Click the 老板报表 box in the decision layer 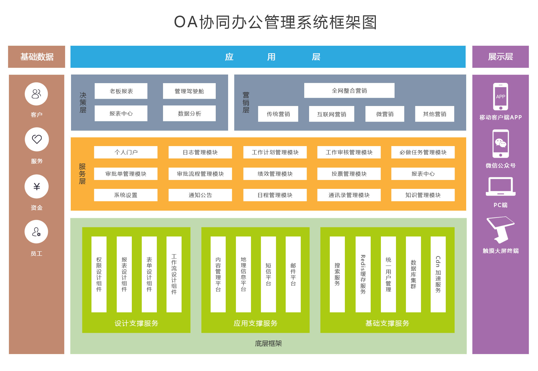pos(121,91)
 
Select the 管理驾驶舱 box pos(189,91)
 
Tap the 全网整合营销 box pos(349,90)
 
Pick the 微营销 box pos(385,114)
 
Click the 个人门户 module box pos(126,152)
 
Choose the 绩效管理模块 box pos(275,174)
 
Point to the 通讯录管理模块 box pos(349,195)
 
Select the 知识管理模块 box pos(423,195)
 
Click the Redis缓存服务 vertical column pos(363,274)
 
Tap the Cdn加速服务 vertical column pos(438,274)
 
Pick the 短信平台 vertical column pos(268,274)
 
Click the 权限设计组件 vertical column pos(99,274)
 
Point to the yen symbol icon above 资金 pos(37,186)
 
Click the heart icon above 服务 pos(37,139)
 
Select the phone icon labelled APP pos(500,97)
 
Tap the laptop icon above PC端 pos(500,186)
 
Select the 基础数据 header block pos(37,57)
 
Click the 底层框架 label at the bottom pos(268,343)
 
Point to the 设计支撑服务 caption pos(136,323)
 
